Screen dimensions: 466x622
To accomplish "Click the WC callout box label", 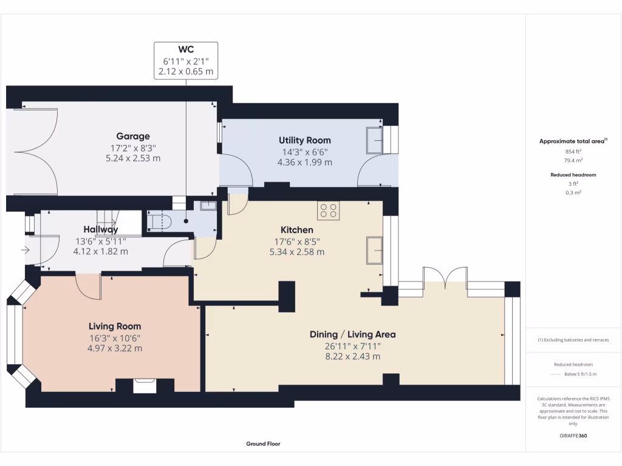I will [x=186, y=49].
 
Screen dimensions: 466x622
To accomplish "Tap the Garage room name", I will [x=134, y=137].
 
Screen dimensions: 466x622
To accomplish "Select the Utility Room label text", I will [x=304, y=140].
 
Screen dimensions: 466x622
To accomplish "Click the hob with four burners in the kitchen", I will [x=329, y=211].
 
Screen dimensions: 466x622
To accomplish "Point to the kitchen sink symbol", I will [x=374, y=250].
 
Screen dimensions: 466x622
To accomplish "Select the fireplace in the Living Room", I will [x=145, y=385].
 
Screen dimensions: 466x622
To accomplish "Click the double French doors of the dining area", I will [x=445, y=278].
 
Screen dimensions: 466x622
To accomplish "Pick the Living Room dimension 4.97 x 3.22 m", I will [x=115, y=348].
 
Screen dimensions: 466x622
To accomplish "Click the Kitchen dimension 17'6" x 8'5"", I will [x=296, y=241].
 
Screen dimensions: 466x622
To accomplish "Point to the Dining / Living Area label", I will [x=352, y=334].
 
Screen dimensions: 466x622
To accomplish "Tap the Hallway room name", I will [x=101, y=229].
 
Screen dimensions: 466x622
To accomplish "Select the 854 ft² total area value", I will [x=573, y=152].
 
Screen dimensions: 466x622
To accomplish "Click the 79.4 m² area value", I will [x=573, y=161].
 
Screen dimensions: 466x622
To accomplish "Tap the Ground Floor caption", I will [x=263, y=444].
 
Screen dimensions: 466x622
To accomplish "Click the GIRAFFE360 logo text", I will [x=573, y=436].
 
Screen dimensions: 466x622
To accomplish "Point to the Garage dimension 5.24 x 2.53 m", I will [x=133, y=158].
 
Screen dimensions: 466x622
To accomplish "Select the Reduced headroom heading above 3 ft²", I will [x=573, y=175].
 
